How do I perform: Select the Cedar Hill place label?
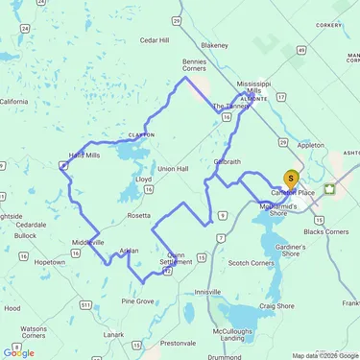tap(154, 40)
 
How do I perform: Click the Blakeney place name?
tap(215, 44)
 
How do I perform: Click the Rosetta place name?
tap(139, 216)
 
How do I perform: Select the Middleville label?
tap(87, 242)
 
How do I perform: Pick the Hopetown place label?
tap(50, 261)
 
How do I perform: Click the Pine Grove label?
tap(137, 300)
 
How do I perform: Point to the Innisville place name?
tap(207, 291)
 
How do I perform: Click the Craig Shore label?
tap(276, 305)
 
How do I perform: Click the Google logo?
tap(19, 352)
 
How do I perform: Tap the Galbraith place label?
tap(228, 161)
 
